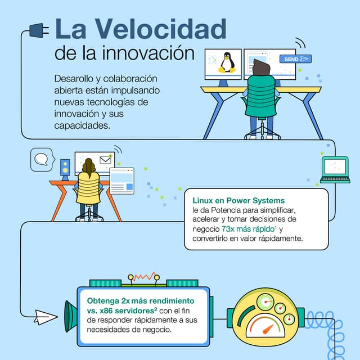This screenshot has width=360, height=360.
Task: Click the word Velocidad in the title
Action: pos(160,28)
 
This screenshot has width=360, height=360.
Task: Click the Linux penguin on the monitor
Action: pos(227,62)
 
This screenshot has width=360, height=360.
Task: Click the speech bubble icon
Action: pos(40,159)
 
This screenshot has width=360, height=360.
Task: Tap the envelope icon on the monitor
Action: pos(105,160)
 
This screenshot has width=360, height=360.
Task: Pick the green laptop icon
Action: pos(335,169)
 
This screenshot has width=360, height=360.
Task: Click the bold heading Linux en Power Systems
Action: pos(238,201)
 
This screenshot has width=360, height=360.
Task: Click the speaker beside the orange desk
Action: pos(65,168)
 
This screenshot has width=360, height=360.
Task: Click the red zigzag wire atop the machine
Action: pos(143,277)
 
